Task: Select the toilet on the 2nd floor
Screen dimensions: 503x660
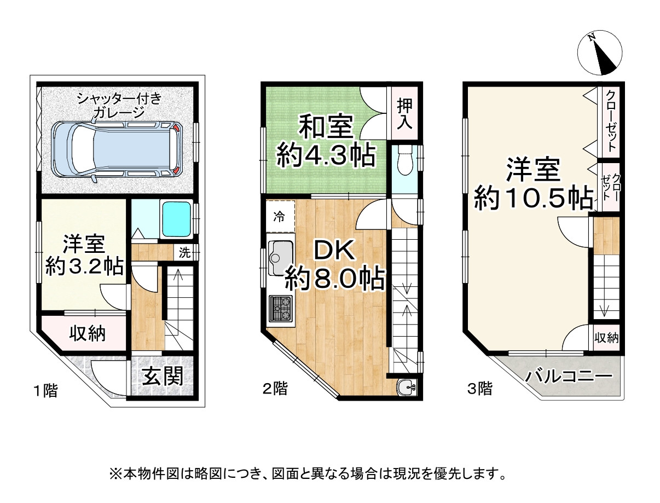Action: tap(406, 160)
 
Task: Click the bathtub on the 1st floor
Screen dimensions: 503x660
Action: tap(176, 219)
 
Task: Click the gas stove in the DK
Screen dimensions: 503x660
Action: tap(281, 309)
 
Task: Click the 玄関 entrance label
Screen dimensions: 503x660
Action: tap(163, 377)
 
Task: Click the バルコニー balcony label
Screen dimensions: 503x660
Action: tap(568, 377)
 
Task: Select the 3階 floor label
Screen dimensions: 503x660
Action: tap(479, 389)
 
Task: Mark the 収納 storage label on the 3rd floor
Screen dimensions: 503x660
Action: tap(607, 338)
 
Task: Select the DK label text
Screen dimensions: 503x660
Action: tap(334, 251)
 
